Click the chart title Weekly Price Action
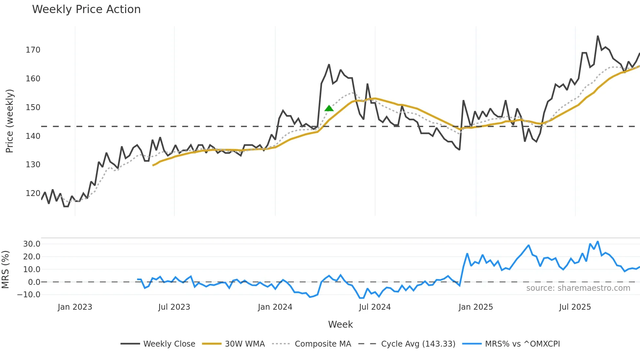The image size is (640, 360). tap(86, 9)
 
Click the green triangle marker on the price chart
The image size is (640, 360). tap(329, 108)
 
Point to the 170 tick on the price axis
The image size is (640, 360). tap(33, 50)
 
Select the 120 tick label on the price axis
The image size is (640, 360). tap(33, 193)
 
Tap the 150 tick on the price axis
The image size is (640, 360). tap(33, 107)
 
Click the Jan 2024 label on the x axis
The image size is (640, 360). tap(275, 307)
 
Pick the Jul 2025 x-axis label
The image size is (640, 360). tap(575, 307)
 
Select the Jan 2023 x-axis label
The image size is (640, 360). tap(75, 307)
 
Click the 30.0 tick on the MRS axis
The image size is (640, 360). tap(32, 244)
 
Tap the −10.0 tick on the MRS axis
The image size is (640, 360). tap(29, 295)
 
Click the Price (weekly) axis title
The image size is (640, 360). tap(10, 121)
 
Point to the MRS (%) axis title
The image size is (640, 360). tap(5, 270)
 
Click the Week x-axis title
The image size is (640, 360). tap(340, 324)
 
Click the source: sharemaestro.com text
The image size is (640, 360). tap(578, 288)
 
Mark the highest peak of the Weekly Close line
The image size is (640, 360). tap(598, 36)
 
